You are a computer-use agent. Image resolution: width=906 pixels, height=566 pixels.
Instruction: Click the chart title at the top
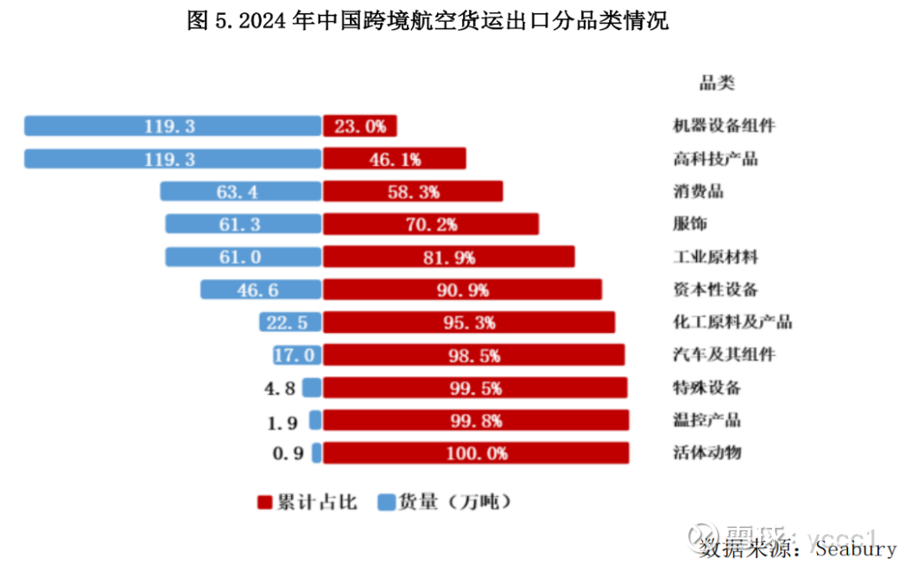(x=428, y=22)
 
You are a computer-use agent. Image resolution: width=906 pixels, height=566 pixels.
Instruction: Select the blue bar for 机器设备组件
(x=173, y=126)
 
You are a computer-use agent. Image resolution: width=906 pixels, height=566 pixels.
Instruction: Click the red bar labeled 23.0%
(x=360, y=126)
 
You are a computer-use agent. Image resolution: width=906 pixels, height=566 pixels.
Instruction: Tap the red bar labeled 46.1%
(x=395, y=159)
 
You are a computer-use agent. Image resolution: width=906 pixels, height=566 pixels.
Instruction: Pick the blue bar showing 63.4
(x=240, y=192)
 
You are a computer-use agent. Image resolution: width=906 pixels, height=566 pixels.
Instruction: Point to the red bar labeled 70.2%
(x=431, y=225)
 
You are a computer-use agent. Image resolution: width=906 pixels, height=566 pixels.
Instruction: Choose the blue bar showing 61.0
(x=243, y=258)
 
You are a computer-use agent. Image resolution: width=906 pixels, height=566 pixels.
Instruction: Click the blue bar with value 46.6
(x=261, y=290)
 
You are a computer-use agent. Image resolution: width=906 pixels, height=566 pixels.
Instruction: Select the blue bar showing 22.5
(x=290, y=322)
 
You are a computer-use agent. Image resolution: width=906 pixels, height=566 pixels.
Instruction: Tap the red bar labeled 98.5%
(x=474, y=355)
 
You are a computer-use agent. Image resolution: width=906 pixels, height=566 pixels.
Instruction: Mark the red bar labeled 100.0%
(x=476, y=453)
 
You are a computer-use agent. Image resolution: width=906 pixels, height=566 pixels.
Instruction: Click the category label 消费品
(x=698, y=192)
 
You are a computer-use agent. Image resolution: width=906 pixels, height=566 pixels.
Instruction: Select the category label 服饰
(x=689, y=225)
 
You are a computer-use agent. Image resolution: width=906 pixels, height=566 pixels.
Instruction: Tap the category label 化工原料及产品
(x=732, y=322)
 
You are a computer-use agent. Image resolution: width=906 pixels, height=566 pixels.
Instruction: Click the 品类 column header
(x=716, y=84)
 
